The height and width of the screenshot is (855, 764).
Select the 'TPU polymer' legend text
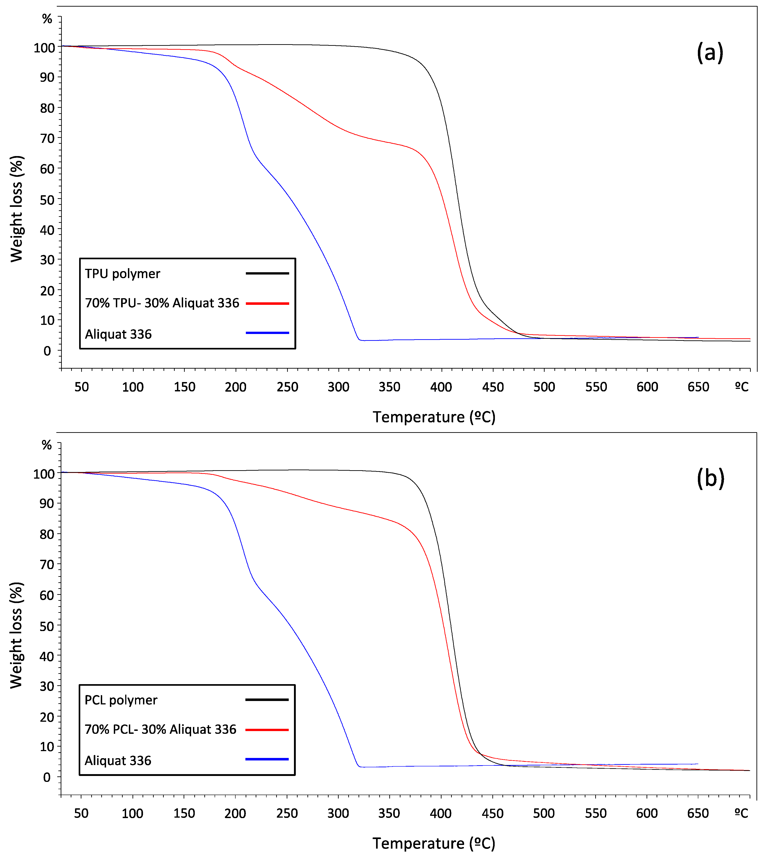point(122,274)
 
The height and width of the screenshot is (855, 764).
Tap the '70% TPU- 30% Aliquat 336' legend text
point(162,303)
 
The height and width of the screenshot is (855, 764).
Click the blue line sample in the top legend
point(267,333)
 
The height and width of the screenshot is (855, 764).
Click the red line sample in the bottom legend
point(267,730)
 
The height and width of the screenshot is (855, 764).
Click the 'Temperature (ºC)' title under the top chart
point(434,417)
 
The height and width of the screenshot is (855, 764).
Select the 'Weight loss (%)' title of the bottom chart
point(16,635)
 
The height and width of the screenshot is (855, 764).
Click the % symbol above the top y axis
point(47,19)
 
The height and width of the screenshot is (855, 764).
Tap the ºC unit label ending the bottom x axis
point(741,814)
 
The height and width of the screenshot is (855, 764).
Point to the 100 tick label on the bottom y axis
point(44,474)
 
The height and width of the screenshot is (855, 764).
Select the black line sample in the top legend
point(267,273)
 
